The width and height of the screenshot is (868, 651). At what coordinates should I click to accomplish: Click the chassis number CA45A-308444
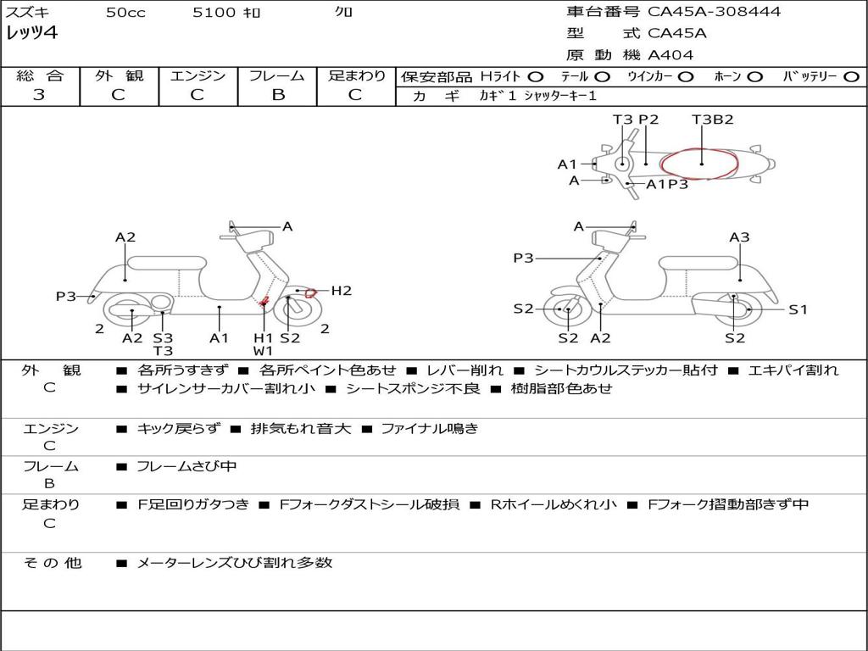[x=714, y=12]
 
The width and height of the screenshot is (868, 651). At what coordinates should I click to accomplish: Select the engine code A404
[x=670, y=55]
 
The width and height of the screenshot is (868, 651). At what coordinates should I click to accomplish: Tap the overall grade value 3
[x=39, y=95]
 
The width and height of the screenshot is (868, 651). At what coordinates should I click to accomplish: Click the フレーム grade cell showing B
[x=278, y=95]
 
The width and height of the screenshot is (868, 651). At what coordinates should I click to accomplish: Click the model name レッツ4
[x=31, y=34]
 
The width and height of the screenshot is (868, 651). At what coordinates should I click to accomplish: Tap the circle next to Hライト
[x=537, y=76]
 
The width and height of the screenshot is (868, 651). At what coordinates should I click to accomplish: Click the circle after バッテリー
[x=851, y=76]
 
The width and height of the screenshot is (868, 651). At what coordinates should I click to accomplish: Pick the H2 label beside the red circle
[x=341, y=291]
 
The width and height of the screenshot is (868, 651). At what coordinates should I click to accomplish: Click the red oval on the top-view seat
[x=700, y=163]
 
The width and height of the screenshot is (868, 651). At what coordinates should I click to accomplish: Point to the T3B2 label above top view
[x=712, y=120]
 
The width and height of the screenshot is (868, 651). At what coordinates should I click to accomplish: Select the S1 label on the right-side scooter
[x=798, y=309]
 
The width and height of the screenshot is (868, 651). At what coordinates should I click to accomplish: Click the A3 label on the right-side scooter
[x=739, y=237]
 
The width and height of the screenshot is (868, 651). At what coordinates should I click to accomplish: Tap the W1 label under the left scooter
[x=263, y=350]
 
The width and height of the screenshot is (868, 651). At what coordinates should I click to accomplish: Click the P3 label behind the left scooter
[x=66, y=296]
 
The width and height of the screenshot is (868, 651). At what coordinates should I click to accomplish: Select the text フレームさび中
[x=186, y=466]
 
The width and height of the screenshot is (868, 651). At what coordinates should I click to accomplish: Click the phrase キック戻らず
[x=176, y=428]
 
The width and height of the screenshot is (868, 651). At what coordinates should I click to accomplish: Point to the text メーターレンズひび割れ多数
[x=234, y=562]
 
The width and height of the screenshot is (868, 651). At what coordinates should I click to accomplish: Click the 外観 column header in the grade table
[x=119, y=76]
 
